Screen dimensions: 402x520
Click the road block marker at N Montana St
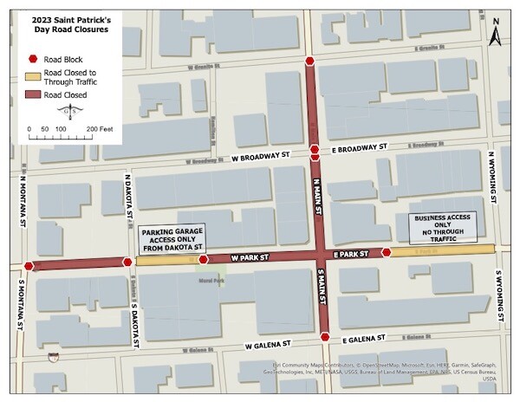coord(29,266)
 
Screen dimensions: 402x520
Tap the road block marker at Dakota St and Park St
coord(127,261)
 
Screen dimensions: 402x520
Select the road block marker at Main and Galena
coord(323,337)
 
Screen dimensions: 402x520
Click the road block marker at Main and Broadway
coord(315,151)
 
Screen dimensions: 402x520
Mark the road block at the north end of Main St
coord(310,61)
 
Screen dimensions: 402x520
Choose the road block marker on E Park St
coord(386,253)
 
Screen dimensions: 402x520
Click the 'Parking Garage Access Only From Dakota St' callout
coord(169,239)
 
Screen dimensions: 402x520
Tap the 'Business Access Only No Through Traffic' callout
coord(443,227)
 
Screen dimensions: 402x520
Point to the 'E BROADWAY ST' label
coord(356,150)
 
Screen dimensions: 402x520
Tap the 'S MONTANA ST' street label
coord(18,304)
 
